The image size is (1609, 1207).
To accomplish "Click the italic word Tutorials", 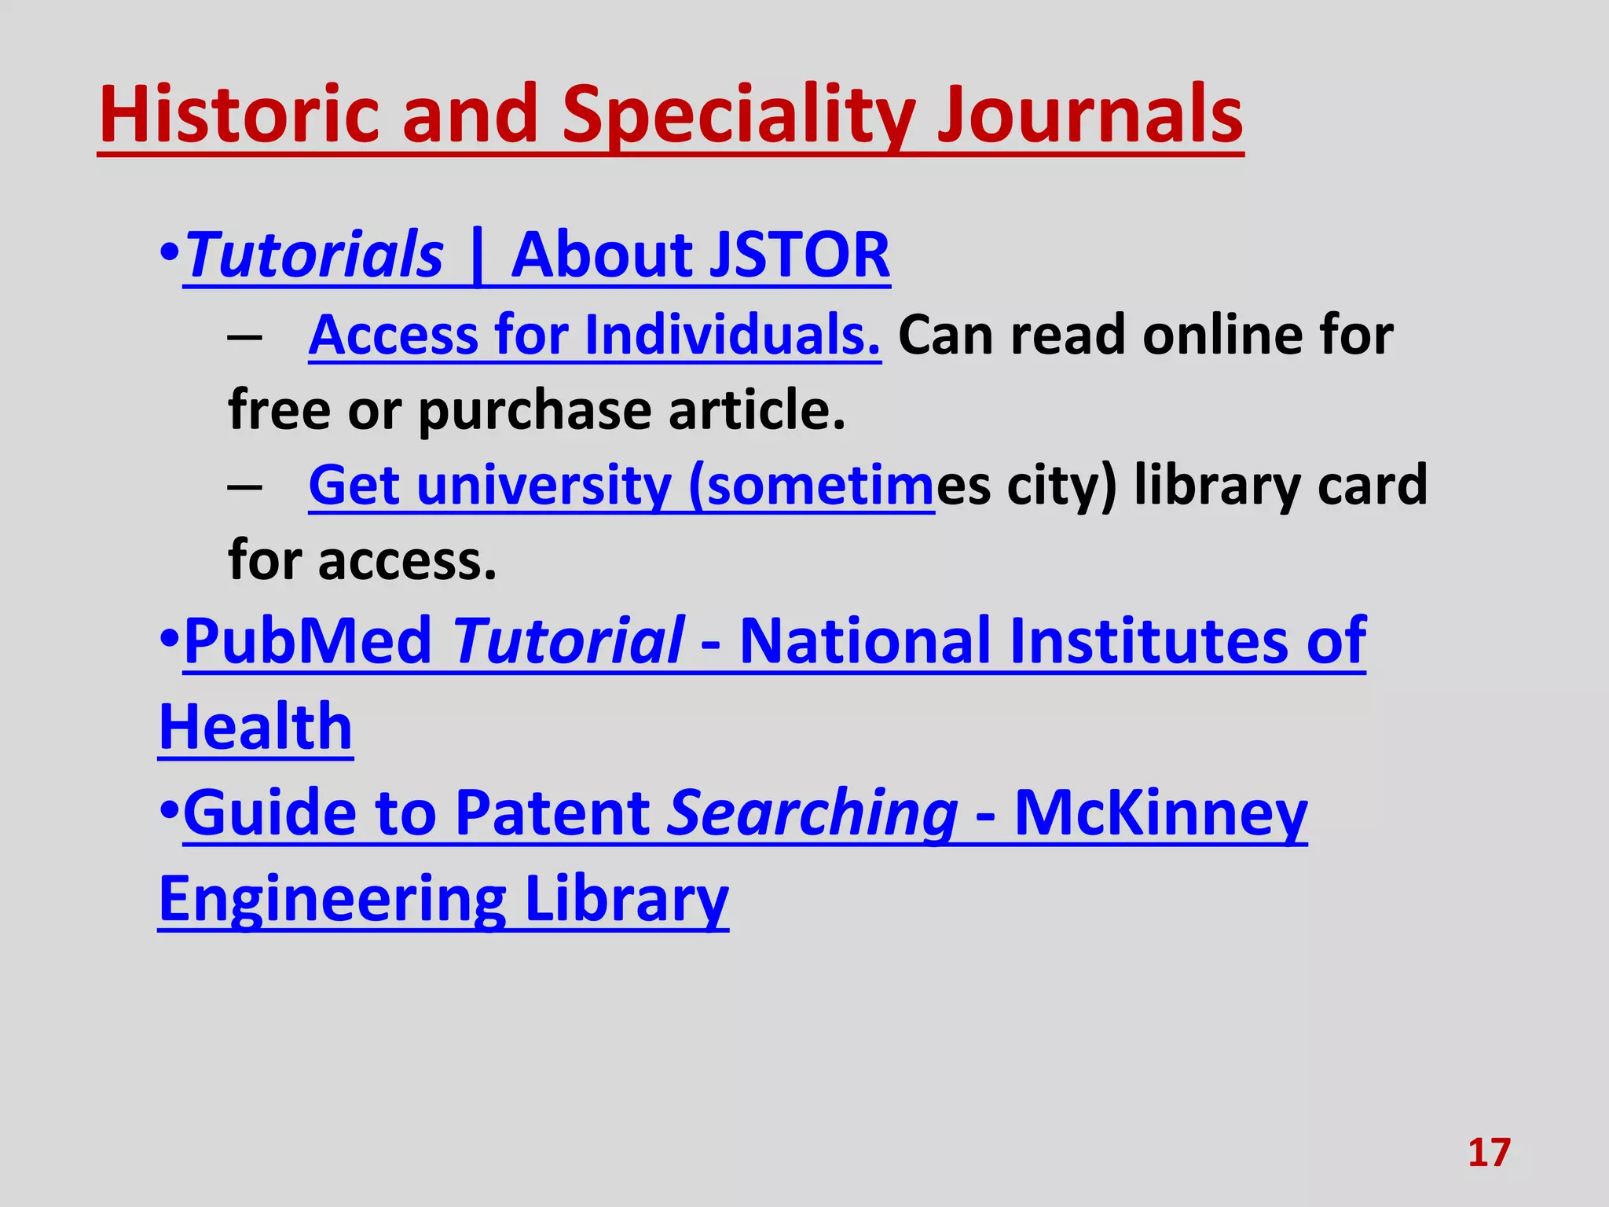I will [315, 255].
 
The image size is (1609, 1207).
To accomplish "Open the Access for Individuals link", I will [595, 336].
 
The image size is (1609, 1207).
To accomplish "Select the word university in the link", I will [544, 486].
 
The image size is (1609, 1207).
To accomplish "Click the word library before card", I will [1217, 486].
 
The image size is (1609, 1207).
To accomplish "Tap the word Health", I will [256, 727].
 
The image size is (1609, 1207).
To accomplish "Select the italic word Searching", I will [812, 813].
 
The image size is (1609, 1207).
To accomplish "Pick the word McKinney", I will [1160, 813].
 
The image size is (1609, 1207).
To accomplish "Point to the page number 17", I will [1489, 1153].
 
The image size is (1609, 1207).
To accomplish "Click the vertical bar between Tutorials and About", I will [476, 255].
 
